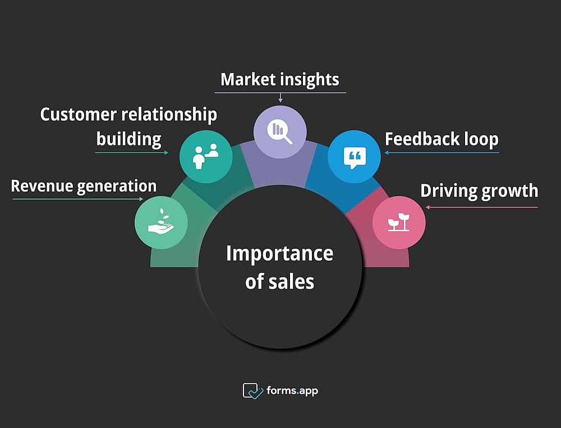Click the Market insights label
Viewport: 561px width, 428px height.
click(280, 80)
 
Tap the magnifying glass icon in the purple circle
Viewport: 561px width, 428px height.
click(280, 132)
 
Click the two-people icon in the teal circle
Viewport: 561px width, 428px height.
click(206, 157)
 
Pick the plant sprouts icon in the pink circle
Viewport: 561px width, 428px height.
click(398, 222)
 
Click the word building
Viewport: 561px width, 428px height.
click(129, 139)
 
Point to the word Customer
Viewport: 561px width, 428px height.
click(79, 115)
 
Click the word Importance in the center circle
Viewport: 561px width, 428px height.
click(280, 253)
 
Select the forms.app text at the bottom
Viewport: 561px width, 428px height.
click(292, 390)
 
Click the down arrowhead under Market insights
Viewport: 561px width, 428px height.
click(280, 101)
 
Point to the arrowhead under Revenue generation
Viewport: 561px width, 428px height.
click(141, 199)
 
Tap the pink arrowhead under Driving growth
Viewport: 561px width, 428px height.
click(427, 207)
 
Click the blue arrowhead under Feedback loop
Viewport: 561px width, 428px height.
click(387, 153)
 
